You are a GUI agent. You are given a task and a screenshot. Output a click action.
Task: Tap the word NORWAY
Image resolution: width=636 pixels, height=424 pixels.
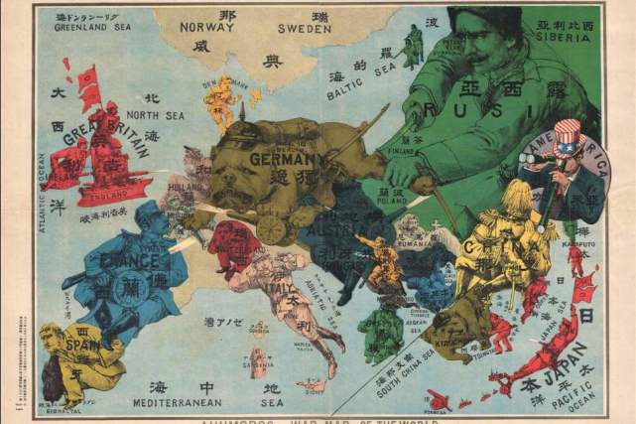point(206,28)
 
